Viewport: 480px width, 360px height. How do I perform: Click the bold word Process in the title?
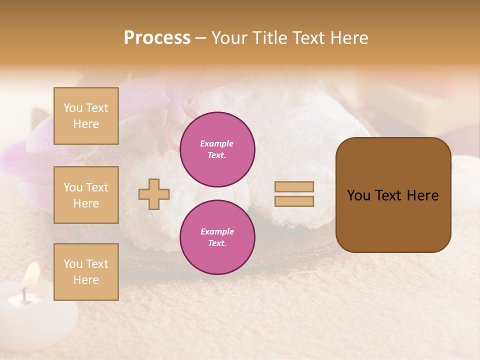point(157,38)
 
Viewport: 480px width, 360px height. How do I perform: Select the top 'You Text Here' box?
point(86,116)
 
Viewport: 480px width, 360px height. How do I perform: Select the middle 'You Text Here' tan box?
point(86,195)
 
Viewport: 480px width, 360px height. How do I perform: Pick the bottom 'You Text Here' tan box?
point(86,271)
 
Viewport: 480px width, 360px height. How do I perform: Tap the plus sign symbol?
point(154,194)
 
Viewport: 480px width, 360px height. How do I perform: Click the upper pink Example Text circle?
point(217,149)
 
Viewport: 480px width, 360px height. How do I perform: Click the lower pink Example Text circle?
point(217,237)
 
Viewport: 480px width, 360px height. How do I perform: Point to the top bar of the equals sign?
point(294,186)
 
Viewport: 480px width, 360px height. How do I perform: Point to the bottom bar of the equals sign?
point(294,201)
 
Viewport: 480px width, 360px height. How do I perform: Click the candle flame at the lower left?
point(32,273)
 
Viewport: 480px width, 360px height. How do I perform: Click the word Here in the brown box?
point(422,195)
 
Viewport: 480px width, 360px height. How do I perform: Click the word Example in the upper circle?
point(217,143)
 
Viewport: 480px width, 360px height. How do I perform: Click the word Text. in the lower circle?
point(217,243)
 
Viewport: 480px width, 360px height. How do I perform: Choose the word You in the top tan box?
point(73,108)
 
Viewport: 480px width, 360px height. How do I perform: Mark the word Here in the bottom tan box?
point(86,280)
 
